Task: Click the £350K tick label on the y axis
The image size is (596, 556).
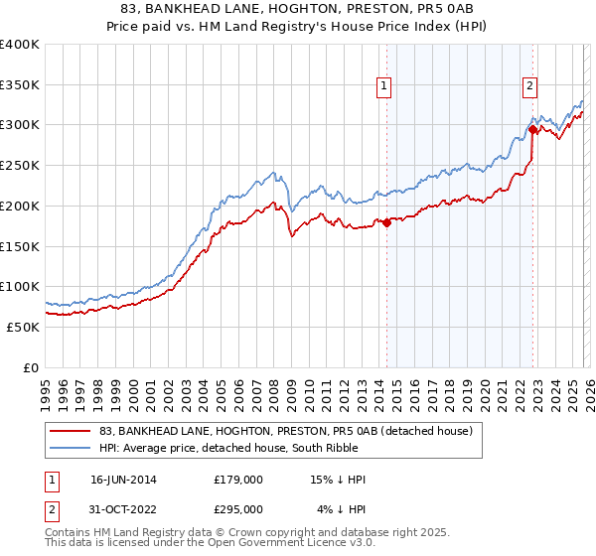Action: click(20, 85)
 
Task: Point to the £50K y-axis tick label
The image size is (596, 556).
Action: click(23, 327)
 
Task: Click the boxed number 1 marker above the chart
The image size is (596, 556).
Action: click(383, 86)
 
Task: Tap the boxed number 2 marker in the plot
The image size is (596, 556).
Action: click(530, 86)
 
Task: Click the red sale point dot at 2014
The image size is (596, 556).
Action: click(387, 222)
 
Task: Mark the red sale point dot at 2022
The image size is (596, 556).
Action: click(533, 129)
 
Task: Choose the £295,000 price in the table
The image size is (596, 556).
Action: click(238, 509)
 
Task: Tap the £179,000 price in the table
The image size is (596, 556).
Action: click(238, 480)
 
